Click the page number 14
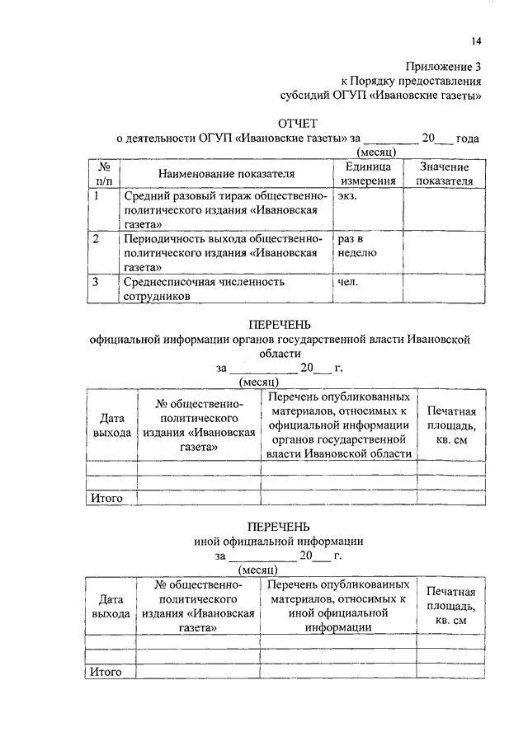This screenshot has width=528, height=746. (477, 41)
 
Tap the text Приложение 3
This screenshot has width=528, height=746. (443, 67)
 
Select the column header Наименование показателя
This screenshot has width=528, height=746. (227, 174)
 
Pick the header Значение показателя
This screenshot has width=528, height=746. (445, 173)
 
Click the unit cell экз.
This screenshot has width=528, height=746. (347, 197)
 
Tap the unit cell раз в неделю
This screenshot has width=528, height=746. (356, 246)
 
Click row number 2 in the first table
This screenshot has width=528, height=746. (97, 240)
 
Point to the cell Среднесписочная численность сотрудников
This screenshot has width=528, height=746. (204, 289)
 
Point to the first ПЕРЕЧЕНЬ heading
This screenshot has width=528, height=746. (280, 324)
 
